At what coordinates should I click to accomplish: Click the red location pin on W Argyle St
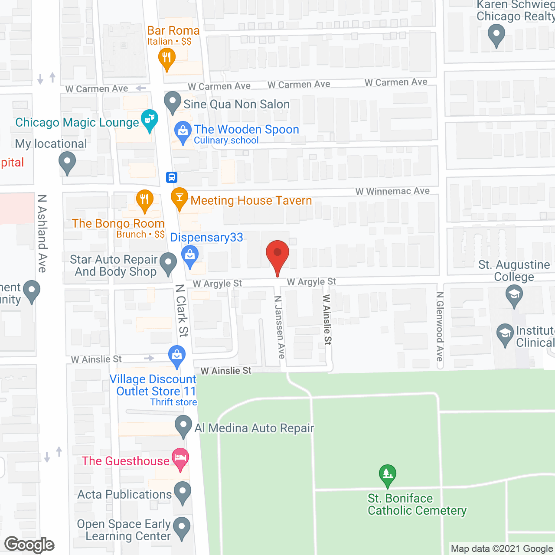[x=277, y=253]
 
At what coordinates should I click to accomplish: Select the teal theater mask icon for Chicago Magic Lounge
[x=150, y=118]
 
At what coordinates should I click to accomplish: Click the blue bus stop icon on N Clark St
[x=172, y=177]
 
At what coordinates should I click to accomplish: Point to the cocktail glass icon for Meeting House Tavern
[x=180, y=197]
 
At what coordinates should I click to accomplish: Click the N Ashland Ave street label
[x=42, y=233]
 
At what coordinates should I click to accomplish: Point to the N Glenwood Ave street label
[x=440, y=326]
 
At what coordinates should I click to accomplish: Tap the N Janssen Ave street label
[x=280, y=327]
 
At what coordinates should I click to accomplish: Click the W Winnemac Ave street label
[x=392, y=191]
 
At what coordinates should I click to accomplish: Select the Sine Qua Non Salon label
[x=236, y=104]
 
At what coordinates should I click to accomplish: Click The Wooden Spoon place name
[x=246, y=129]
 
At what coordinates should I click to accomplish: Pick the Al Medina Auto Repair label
[x=254, y=428]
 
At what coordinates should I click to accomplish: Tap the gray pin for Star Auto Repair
[x=168, y=262]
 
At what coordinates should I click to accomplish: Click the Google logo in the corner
[x=29, y=544]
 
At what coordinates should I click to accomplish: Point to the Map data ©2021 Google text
[x=502, y=548]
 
